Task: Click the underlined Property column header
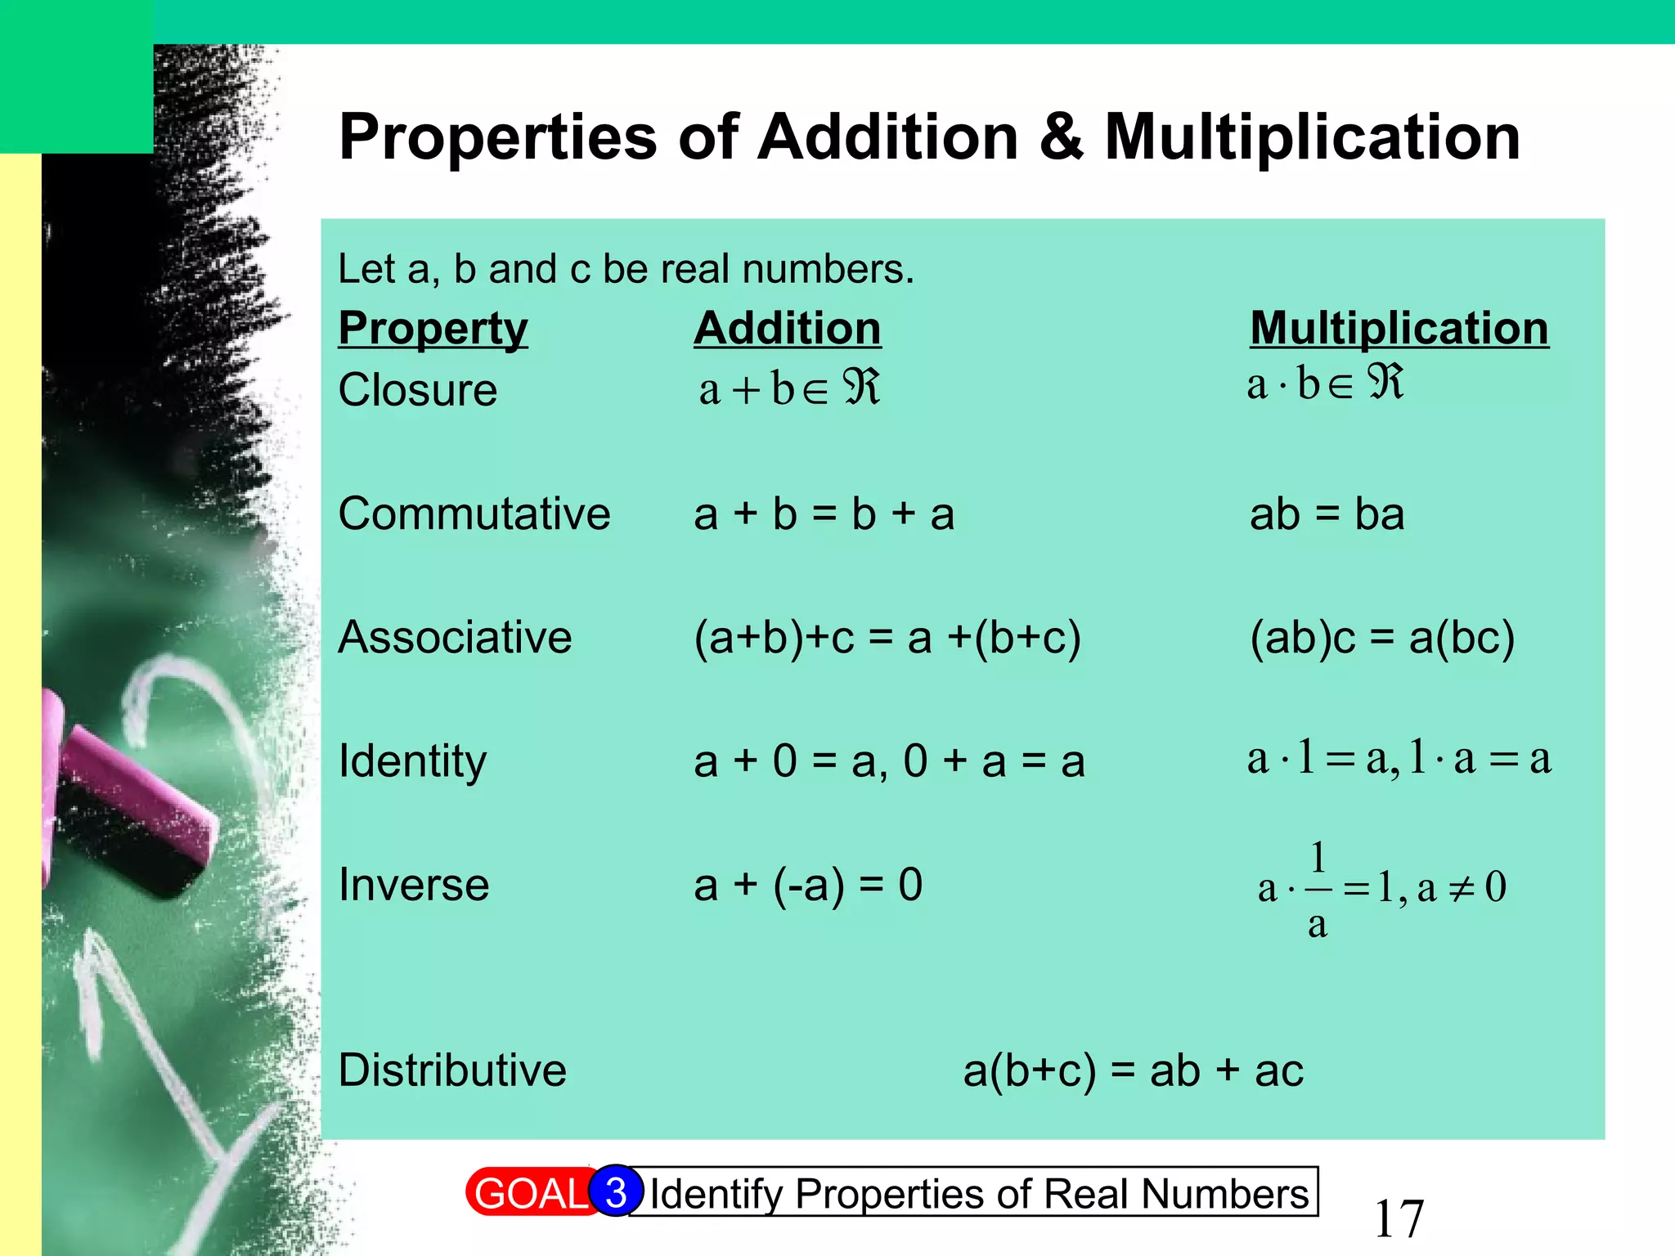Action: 433,329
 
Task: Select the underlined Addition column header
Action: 787,329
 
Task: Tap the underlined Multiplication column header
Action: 1399,329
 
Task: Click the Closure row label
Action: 417,390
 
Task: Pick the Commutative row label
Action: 474,514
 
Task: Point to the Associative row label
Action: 455,638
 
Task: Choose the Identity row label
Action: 412,761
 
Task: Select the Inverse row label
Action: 414,886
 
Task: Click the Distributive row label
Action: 452,1070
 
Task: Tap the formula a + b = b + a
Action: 824,514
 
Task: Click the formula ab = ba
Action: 1327,514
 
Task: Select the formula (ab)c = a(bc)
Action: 1382,638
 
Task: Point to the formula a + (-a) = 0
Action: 808,886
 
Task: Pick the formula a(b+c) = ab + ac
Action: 1133,1070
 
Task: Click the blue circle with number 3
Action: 617,1192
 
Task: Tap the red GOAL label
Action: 530,1194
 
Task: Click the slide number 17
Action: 1399,1218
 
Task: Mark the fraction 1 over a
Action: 1318,890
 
